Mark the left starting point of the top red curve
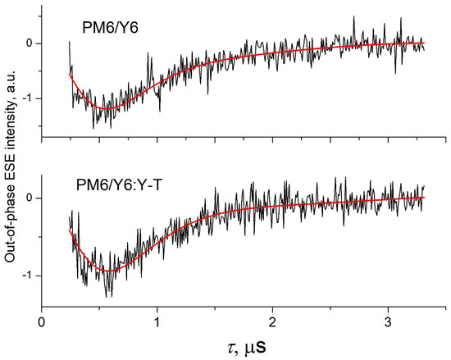click(70, 74)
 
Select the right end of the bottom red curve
click(424, 198)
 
